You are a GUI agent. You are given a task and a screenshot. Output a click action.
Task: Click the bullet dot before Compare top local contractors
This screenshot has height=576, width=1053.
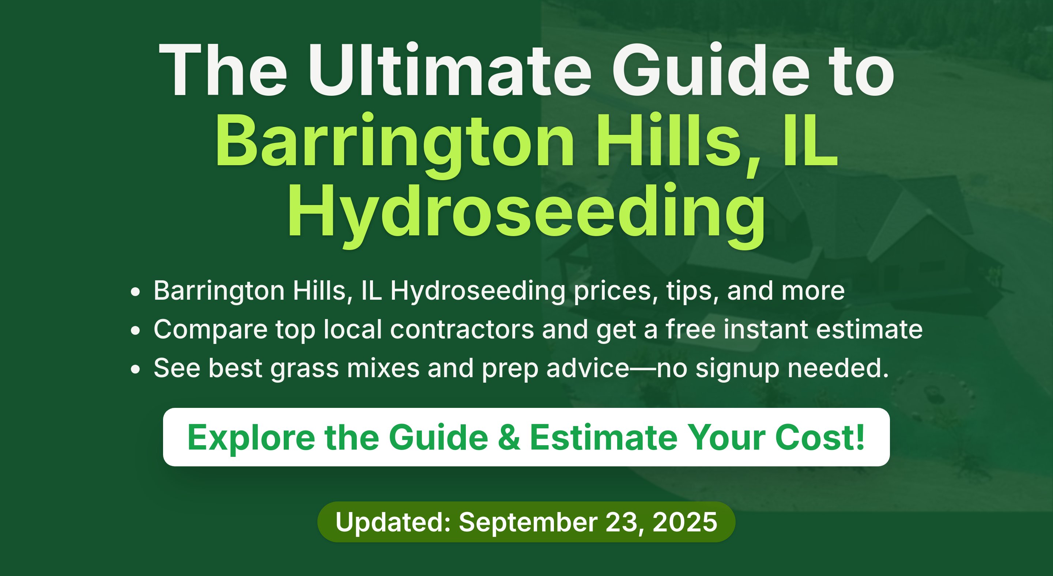point(135,330)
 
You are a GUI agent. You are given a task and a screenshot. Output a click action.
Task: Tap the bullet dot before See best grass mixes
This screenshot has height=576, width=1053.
point(135,369)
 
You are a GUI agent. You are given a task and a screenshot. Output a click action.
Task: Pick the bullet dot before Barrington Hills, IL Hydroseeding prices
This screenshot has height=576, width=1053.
point(135,292)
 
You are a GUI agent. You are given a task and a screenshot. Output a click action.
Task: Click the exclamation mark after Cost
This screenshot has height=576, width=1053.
point(860,437)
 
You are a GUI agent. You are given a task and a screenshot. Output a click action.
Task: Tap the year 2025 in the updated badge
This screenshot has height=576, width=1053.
point(685,522)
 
